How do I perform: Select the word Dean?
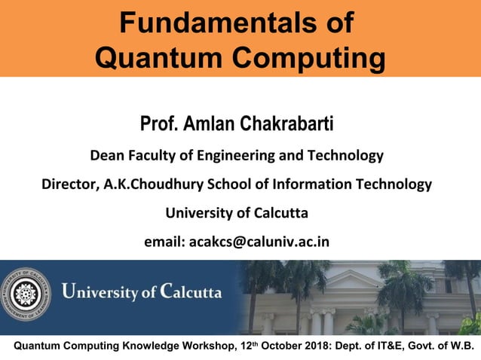[107, 157]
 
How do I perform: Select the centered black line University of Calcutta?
[237, 213]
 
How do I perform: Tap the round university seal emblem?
[26, 293]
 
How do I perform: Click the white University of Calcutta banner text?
[141, 291]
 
